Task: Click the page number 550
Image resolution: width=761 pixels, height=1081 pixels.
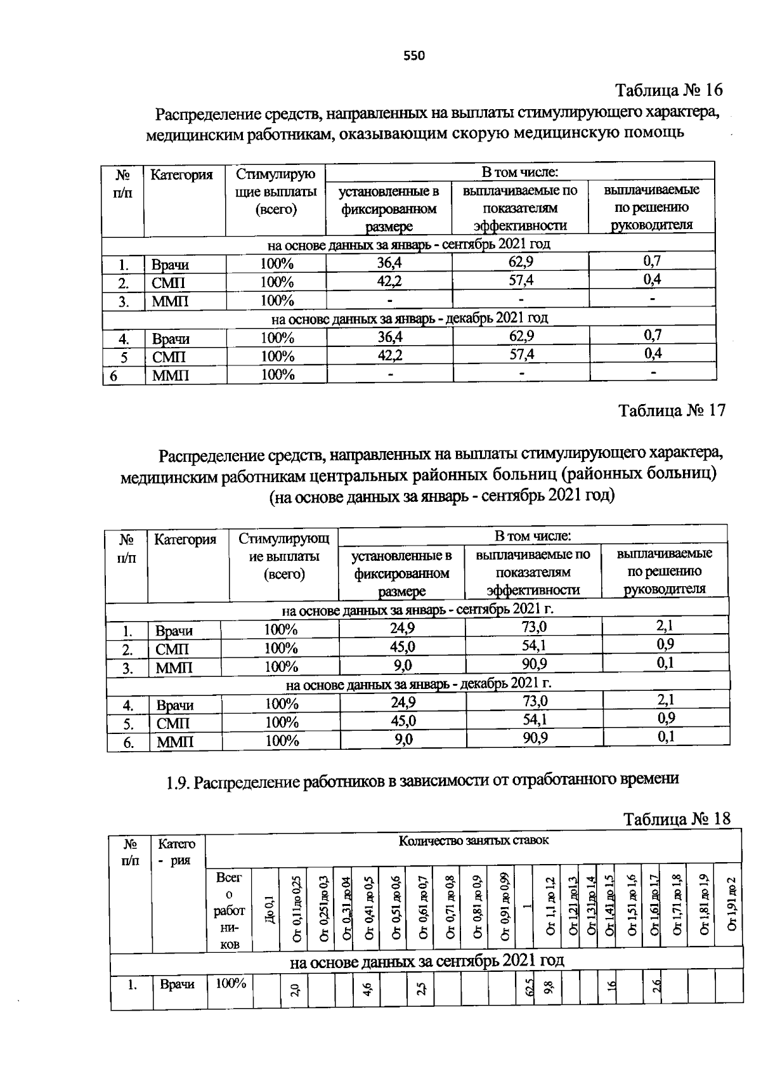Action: pos(414,55)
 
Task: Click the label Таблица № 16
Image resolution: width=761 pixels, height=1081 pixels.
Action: pos(668,89)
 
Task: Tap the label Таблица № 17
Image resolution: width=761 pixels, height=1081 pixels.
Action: pos(672,410)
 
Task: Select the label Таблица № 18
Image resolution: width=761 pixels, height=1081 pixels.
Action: pos(677,818)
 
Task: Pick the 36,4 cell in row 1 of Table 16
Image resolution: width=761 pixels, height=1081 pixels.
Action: pos(389,263)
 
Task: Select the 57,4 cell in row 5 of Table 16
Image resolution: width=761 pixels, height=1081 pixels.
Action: pos(521,354)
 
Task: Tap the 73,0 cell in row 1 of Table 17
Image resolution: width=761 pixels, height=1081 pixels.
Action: pos(534,627)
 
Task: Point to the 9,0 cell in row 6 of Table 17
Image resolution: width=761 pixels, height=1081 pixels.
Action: pos(402,739)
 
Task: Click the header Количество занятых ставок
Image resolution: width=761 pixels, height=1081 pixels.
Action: pos(473,841)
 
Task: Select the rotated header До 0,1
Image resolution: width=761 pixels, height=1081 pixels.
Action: pos(269,909)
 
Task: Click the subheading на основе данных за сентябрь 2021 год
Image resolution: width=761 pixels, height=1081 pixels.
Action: pos(426,960)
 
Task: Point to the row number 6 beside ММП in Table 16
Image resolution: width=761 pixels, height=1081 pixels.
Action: pos(114,376)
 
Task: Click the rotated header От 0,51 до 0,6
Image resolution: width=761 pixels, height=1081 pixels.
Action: pos(396,908)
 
